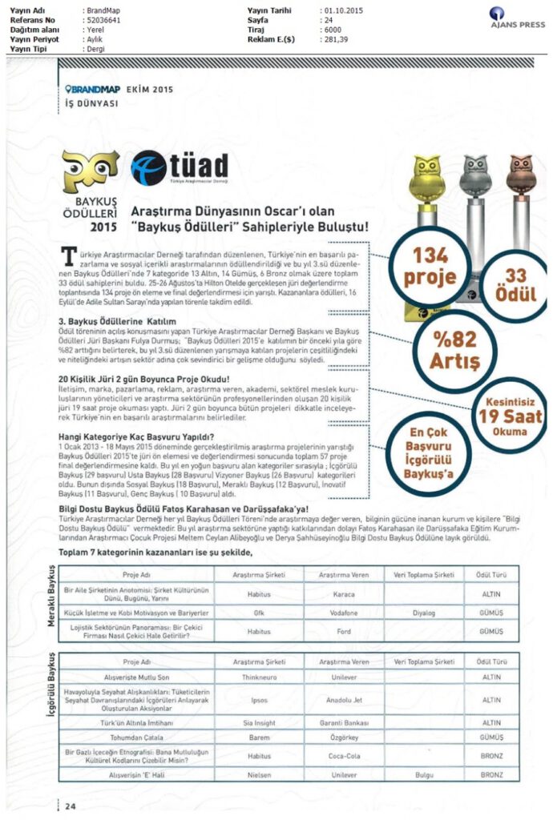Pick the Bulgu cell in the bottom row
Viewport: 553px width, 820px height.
423,775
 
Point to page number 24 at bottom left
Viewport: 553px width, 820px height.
71,806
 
